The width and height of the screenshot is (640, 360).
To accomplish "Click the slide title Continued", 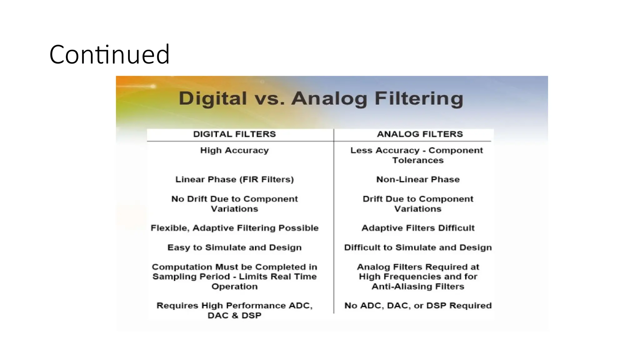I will pos(109,55).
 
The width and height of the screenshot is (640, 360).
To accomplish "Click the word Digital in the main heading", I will pos(213,98).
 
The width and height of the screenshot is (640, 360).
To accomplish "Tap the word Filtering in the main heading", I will pos(419,98).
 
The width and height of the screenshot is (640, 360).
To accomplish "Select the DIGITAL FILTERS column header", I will pos(234,134).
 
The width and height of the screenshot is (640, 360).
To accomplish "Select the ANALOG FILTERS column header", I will pos(420,134).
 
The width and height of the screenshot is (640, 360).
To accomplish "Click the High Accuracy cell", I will pos(234,150).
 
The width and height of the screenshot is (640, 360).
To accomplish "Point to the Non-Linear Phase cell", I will pos(418,179).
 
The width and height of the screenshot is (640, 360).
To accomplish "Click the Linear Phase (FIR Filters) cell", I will pos(234,179).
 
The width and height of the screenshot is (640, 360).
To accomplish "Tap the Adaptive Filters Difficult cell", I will pos(418,228).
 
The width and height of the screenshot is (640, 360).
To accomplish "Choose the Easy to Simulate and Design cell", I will pos(234,247).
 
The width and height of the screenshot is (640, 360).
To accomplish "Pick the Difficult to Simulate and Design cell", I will pos(418,247).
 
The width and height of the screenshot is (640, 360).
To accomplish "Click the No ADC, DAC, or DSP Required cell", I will pos(418,305).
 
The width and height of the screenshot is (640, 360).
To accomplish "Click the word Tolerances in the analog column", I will pos(418,160).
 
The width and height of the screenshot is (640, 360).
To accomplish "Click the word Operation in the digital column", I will pos(234,286).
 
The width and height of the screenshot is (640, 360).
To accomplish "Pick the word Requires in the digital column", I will pos(177,305).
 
